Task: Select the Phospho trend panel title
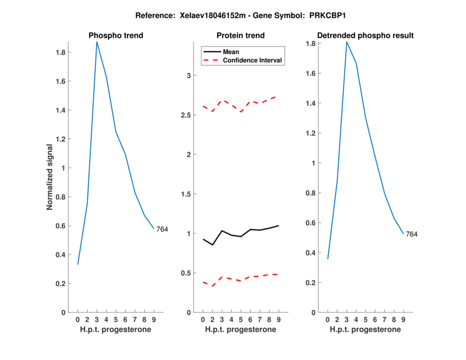click(116, 36)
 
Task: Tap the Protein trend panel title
click(241, 36)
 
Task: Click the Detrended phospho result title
click(366, 36)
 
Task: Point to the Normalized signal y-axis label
click(50, 177)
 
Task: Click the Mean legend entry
click(231, 52)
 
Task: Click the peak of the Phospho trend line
click(97, 42)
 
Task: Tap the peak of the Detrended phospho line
click(347, 42)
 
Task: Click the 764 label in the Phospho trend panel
click(162, 230)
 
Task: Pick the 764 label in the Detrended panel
click(412, 234)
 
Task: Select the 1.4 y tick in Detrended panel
click(310, 104)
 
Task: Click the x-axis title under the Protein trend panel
click(241, 330)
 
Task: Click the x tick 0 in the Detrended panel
click(327, 319)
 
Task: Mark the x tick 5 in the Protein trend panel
click(241, 319)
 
